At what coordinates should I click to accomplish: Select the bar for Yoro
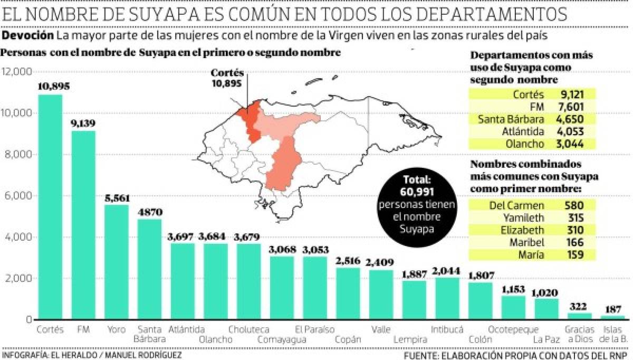click(x=116, y=262)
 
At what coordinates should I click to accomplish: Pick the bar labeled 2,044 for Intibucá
click(x=446, y=298)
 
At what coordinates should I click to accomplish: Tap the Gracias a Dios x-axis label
click(x=579, y=334)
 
